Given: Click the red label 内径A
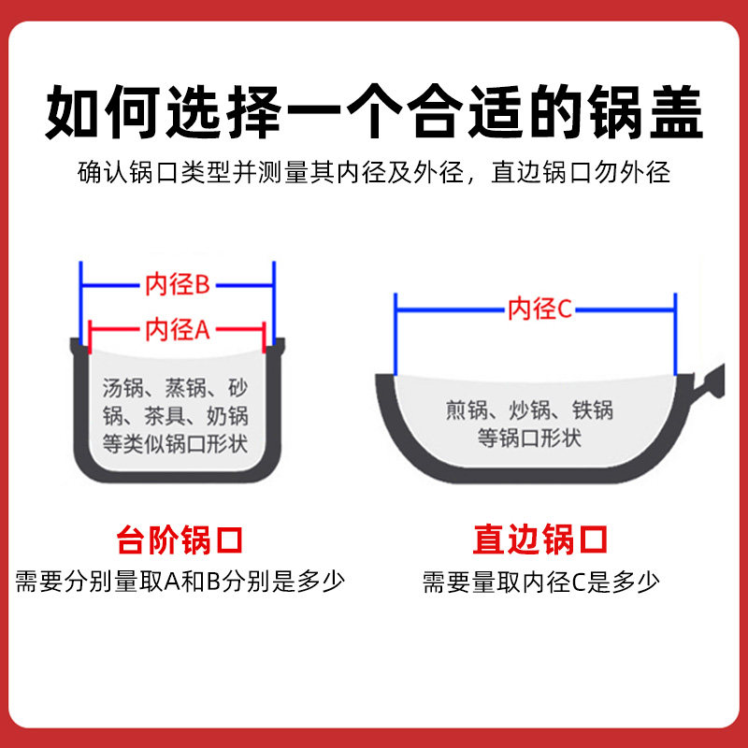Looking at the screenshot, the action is pos(177,330).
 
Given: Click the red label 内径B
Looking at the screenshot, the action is pos(177,285).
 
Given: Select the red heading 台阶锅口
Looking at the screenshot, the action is pos(180,539).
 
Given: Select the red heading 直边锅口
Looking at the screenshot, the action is pos(540,539).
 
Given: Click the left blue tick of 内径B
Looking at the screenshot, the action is pos(82,299).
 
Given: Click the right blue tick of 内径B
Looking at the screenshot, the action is pos(273,299).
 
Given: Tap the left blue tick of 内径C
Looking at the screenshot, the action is pos(396,332).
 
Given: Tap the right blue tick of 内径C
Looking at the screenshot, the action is pos(675,332).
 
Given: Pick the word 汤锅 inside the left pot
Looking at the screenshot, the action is pos(122,386).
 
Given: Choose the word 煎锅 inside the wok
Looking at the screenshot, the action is pos(467,409).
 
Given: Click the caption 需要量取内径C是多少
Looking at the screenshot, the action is pos(540,582).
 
